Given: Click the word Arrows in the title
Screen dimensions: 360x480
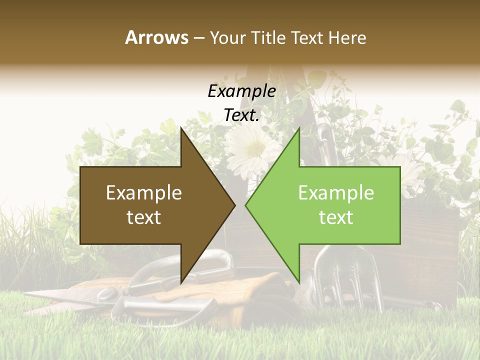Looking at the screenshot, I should click(x=156, y=37).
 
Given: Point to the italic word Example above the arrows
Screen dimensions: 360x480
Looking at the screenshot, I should click(x=241, y=91).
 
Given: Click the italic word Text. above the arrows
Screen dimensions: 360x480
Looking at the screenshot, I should click(x=241, y=115).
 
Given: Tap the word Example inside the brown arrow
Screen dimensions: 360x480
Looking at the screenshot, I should click(x=144, y=193).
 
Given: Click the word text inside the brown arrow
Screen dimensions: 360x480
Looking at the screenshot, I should click(x=144, y=217).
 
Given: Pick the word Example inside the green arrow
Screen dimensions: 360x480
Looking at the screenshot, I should click(x=336, y=193).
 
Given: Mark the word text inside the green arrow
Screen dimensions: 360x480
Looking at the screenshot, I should click(x=336, y=217).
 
